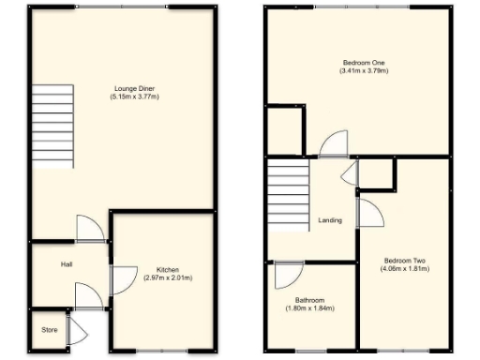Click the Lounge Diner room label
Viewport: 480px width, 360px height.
(x=128, y=88)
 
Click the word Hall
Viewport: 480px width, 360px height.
(x=67, y=264)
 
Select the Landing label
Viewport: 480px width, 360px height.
(x=330, y=220)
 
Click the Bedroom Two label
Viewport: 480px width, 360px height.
(x=406, y=260)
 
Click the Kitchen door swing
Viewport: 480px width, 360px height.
(x=122, y=278)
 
